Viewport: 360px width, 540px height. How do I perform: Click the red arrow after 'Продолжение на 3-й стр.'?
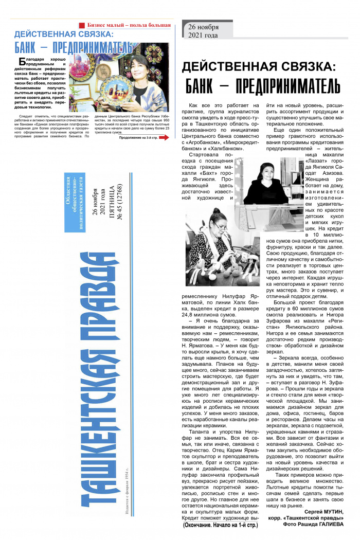point(164,137)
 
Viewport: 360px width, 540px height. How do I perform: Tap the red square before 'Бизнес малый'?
point(81,25)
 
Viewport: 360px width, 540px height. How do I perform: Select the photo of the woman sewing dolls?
point(222,246)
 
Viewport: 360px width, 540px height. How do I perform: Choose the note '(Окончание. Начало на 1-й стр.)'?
point(222,526)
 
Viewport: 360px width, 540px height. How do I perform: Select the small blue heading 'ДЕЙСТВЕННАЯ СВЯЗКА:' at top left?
point(64,35)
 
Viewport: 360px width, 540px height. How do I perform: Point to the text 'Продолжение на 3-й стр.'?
point(137,137)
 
